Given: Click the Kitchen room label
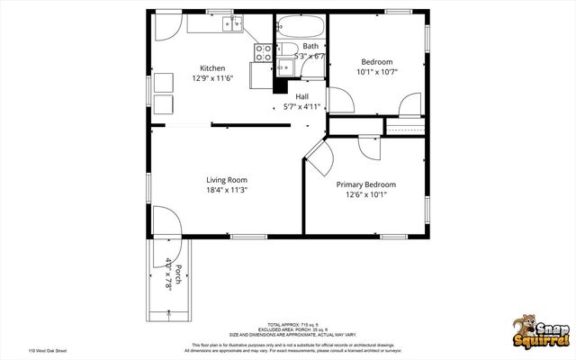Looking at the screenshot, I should (212, 68).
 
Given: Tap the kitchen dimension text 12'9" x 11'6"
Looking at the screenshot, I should (212, 79).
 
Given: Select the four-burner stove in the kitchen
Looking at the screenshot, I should (264, 53).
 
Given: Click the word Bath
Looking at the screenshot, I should (310, 46).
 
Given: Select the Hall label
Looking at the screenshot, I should (301, 95).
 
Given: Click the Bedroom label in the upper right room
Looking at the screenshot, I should (377, 62).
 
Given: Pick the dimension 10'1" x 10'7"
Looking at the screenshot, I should (377, 73).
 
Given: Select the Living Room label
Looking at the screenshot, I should (227, 179).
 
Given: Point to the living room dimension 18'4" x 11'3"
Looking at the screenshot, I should (227, 190).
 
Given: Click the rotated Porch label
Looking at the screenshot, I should (179, 275).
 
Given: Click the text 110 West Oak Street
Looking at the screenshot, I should (47, 351).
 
